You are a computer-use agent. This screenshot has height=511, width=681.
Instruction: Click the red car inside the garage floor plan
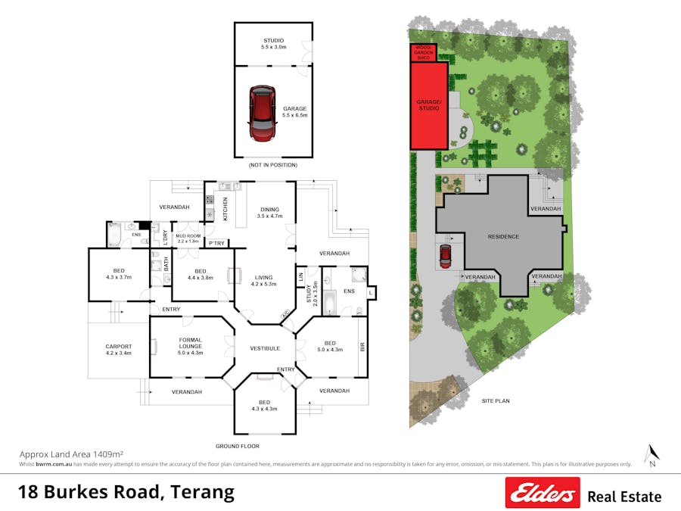(263, 114)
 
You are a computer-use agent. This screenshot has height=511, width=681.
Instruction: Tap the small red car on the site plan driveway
(445, 256)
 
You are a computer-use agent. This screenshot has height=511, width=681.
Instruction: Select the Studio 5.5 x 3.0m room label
(273, 43)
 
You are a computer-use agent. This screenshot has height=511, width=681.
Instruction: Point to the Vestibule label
(265, 348)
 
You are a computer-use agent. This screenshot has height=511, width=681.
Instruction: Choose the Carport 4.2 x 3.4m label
(118, 350)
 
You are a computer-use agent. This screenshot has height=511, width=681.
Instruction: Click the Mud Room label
(188, 238)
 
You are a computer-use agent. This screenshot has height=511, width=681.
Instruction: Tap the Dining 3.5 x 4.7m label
(269, 213)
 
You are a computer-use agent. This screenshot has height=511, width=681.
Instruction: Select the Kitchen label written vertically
(225, 209)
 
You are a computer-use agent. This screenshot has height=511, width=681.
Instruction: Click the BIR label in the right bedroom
(362, 347)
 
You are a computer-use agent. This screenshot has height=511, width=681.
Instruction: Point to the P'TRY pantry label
(217, 243)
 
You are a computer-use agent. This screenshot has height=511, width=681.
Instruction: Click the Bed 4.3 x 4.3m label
(263, 405)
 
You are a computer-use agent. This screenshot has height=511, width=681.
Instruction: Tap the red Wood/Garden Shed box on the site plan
(424, 52)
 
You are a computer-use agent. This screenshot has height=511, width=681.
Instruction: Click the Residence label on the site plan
(503, 237)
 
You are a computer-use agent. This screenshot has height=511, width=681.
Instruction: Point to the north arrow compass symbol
(651, 454)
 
